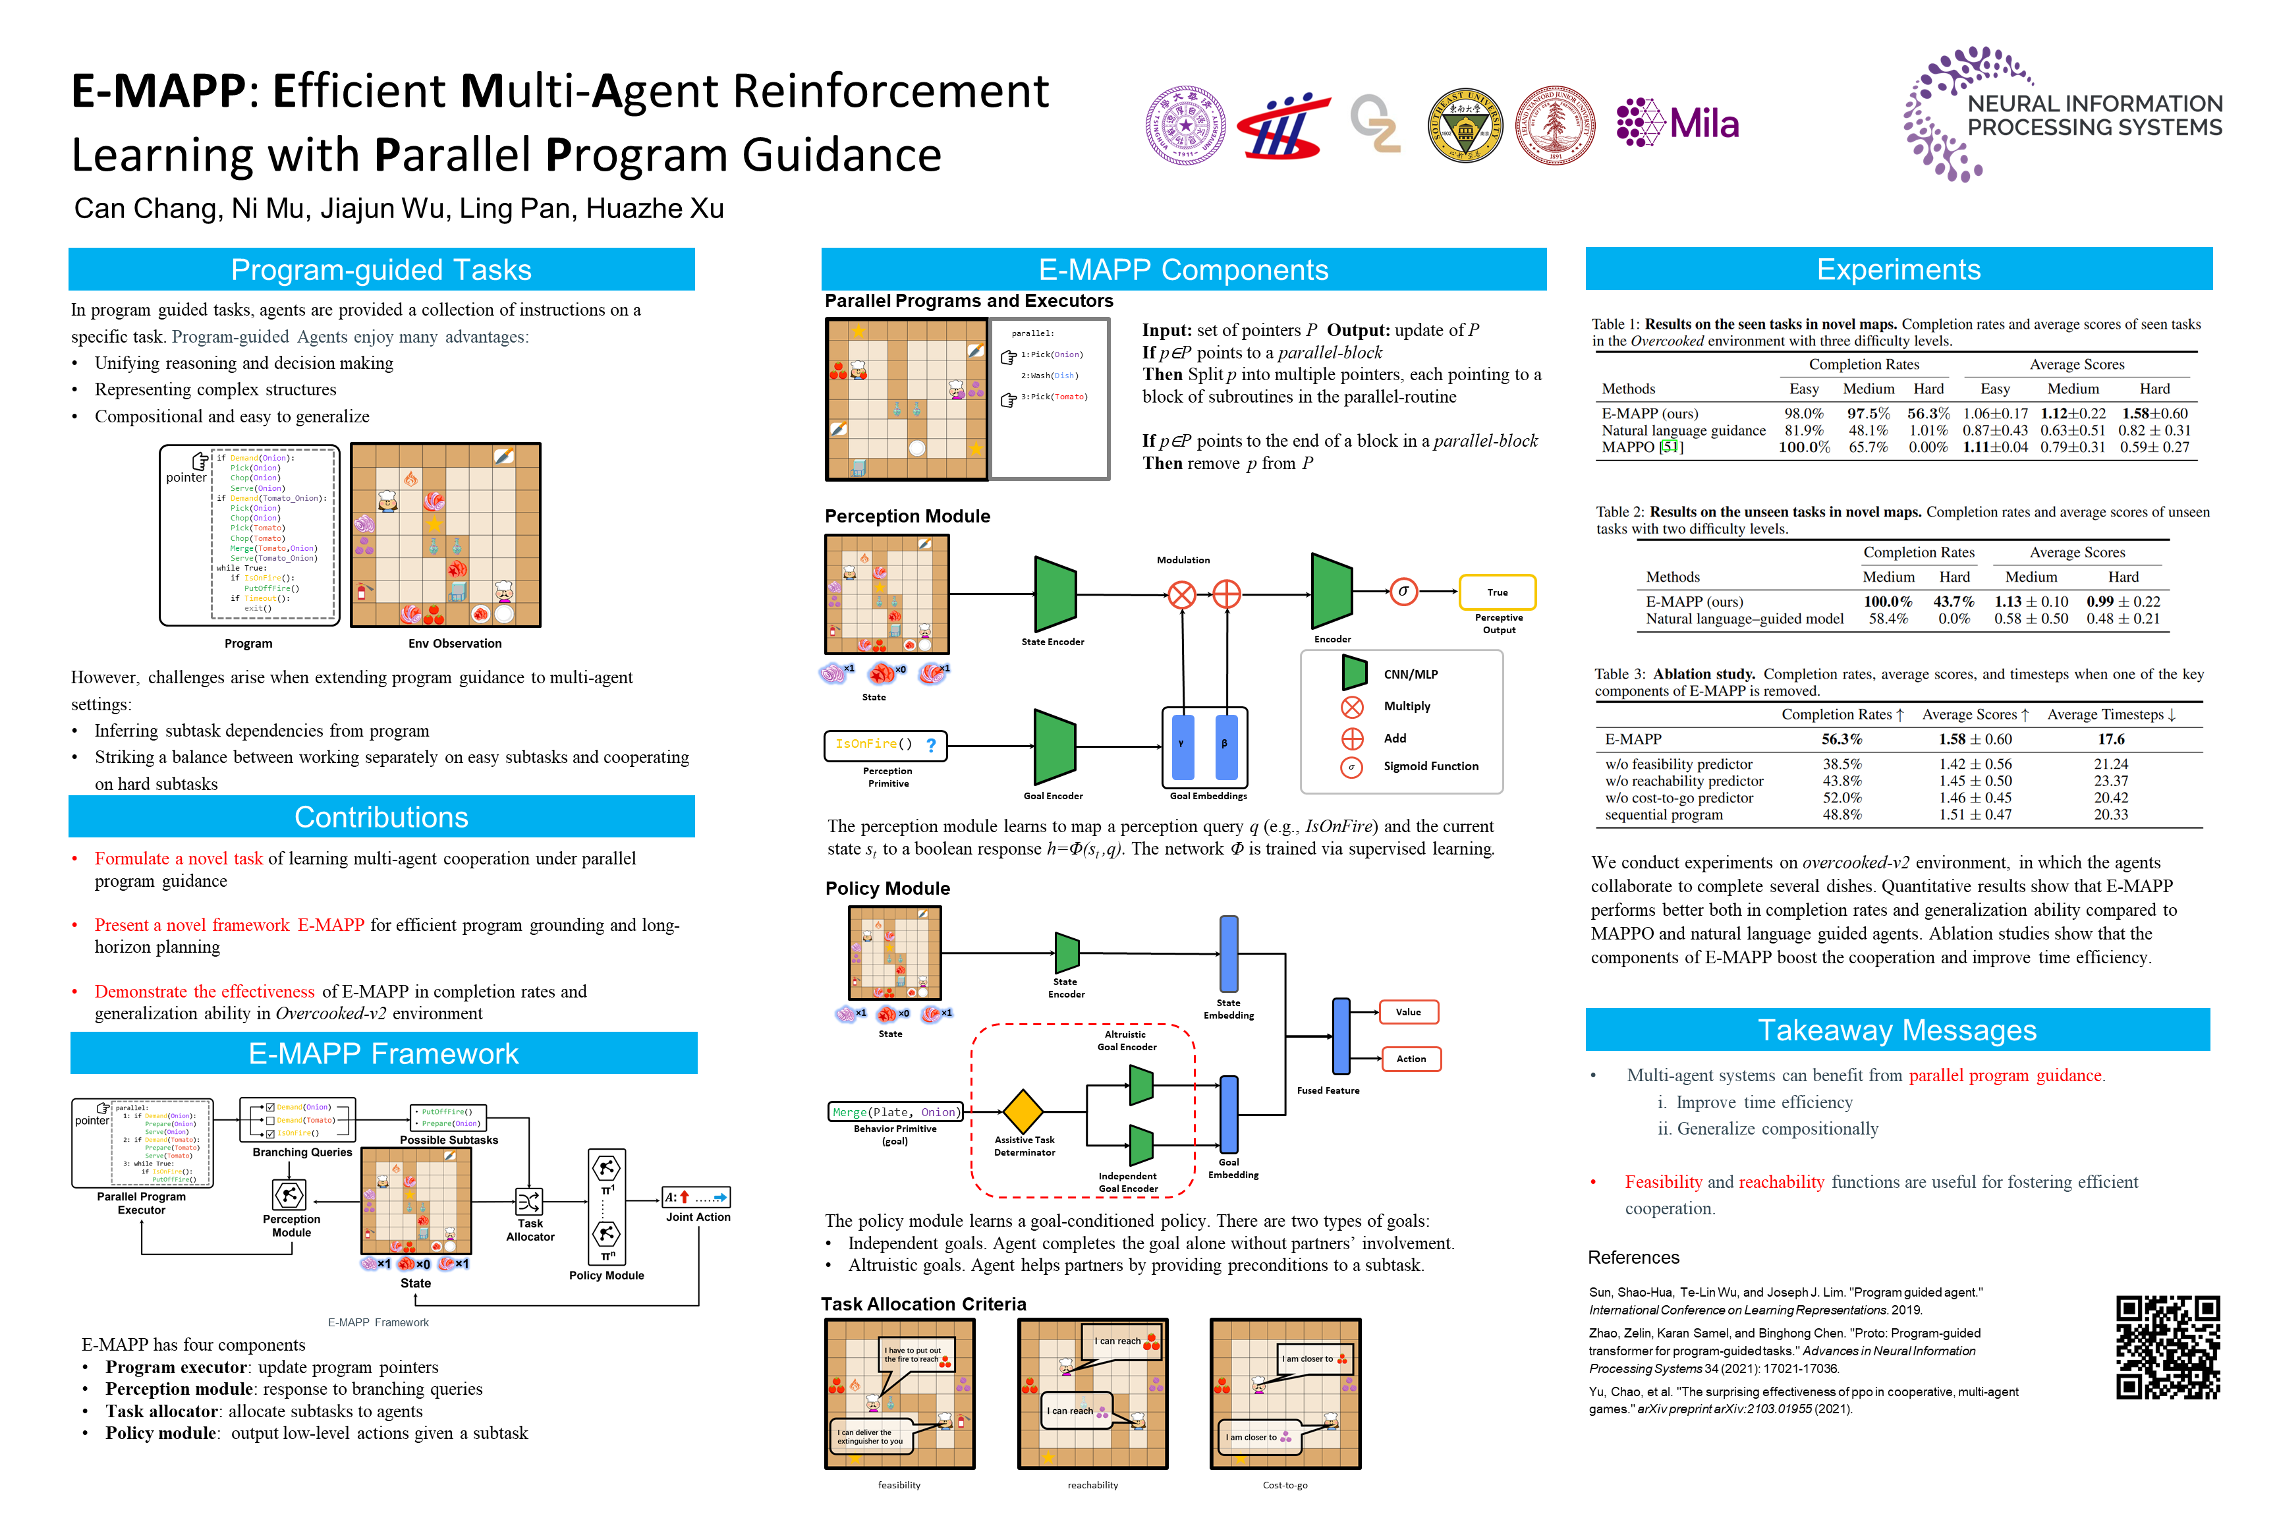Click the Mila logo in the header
(1677, 123)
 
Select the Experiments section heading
(1897, 269)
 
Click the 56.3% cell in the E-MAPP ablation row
(1841, 739)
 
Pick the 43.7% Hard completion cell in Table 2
(1953, 601)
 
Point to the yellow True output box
(1497, 592)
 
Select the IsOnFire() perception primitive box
(885, 745)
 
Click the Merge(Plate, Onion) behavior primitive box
(895, 1111)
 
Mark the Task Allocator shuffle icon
(530, 1202)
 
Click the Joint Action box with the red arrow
(696, 1198)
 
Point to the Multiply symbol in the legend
(1353, 707)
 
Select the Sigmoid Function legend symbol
(1353, 767)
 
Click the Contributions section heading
(381, 817)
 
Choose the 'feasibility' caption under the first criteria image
(899, 1485)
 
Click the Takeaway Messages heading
(1897, 1030)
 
